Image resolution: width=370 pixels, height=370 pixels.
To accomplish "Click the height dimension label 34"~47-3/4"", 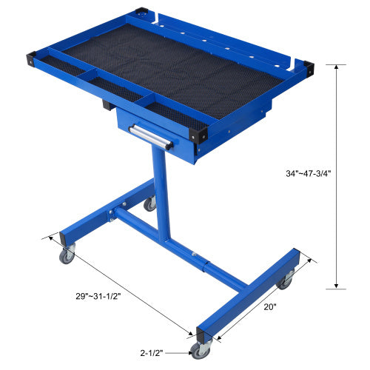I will click(299, 174).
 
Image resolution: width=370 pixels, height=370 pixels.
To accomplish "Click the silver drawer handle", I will click(150, 135).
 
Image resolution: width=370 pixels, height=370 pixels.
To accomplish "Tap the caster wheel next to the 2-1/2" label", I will click(200, 350).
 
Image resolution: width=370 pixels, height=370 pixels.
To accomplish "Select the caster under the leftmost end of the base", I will click(67, 256).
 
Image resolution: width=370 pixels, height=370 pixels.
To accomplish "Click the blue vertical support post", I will click(161, 192).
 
